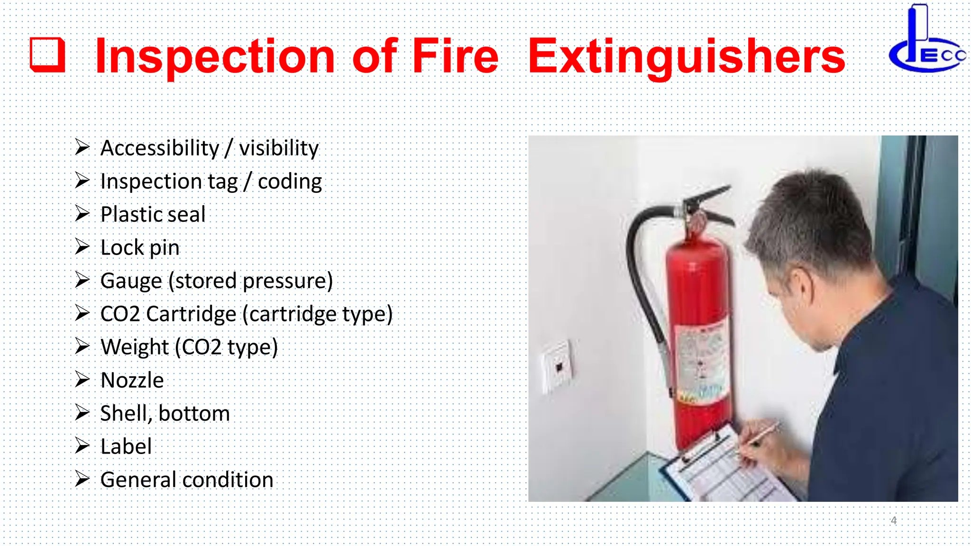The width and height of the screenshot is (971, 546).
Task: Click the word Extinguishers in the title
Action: [x=686, y=57]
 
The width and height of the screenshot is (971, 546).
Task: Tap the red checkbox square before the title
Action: [x=47, y=55]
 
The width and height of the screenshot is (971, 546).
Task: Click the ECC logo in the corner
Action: [x=927, y=40]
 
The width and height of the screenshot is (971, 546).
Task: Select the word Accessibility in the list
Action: [x=160, y=148]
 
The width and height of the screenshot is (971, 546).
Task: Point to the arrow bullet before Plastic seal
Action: [x=82, y=214]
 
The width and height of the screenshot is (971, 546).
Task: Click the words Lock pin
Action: [x=140, y=248]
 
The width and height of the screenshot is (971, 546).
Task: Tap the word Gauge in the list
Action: [x=131, y=281]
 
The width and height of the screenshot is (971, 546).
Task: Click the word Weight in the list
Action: [x=135, y=347]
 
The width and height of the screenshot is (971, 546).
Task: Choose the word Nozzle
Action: [x=132, y=381]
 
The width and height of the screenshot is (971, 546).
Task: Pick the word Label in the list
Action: [x=126, y=447]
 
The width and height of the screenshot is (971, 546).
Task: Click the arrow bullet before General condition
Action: [x=82, y=479]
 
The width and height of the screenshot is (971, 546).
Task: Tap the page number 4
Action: [x=893, y=520]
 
